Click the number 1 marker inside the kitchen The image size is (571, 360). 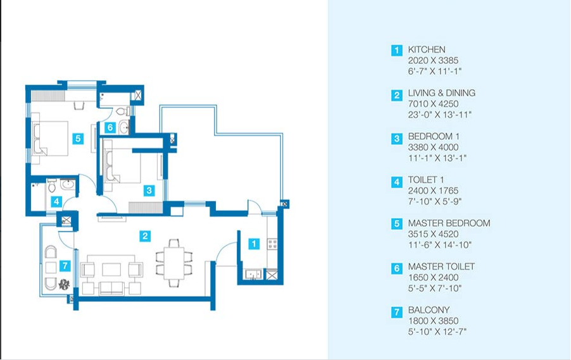[254, 244]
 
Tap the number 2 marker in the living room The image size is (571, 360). [145, 236]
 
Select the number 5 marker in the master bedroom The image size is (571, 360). [78, 139]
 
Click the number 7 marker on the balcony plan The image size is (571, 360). [65, 265]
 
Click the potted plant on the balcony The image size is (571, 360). [64, 284]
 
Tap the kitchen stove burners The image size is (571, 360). [272, 244]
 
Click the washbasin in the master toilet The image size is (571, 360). [124, 127]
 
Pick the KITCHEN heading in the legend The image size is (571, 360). [427, 49]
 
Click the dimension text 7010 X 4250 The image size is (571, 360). [433, 104]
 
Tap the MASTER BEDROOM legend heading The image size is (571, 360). [449, 223]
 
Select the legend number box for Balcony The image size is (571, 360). [396, 312]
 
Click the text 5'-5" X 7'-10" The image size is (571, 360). [435, 289]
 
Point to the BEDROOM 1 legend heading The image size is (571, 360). [434, 137]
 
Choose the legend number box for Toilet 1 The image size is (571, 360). [396, 182]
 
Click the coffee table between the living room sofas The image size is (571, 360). [111, 270]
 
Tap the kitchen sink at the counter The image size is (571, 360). [253, 274]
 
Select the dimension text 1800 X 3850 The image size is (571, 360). [433, 321]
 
